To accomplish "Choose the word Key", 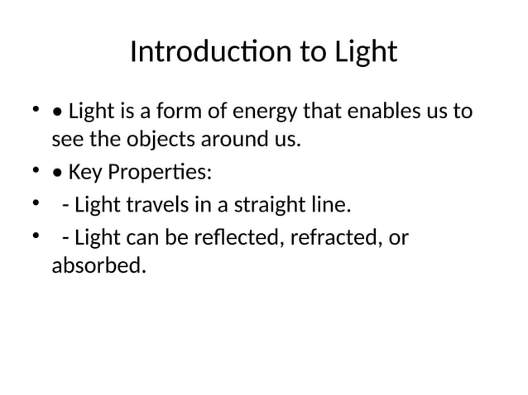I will (x=83, y=173).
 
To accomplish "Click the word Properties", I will (x=157, y=173).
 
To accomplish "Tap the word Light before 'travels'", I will (x=94, y=204).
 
